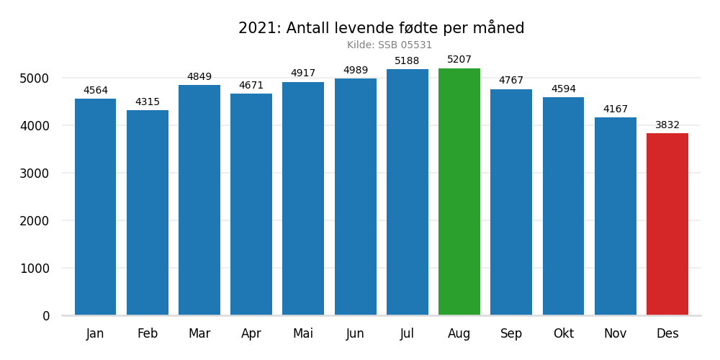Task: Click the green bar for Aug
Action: pos(459,192)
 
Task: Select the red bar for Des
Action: pos(667,224)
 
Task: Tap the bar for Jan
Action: pos(96,207)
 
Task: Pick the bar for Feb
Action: pos(148,212)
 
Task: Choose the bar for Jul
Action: pos(408,192)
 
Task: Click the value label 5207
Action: pos(459,60)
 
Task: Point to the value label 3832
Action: pos(667,125)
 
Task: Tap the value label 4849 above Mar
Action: pos(199,77)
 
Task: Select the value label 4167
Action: pos(616,109)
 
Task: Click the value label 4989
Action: pos(356,71)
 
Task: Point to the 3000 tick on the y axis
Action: pos(35,174)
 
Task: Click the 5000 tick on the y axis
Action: pos(35,78)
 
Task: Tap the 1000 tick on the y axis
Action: pos(35,269)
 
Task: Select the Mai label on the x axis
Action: pos(303,334)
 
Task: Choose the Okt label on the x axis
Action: pos(564,334)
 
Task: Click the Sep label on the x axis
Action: pos(511,334)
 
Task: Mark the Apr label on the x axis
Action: pos(251,334)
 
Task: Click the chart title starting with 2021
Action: pos(382,29)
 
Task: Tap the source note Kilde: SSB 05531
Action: pos(390,45)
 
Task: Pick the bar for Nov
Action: pos(616,216)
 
